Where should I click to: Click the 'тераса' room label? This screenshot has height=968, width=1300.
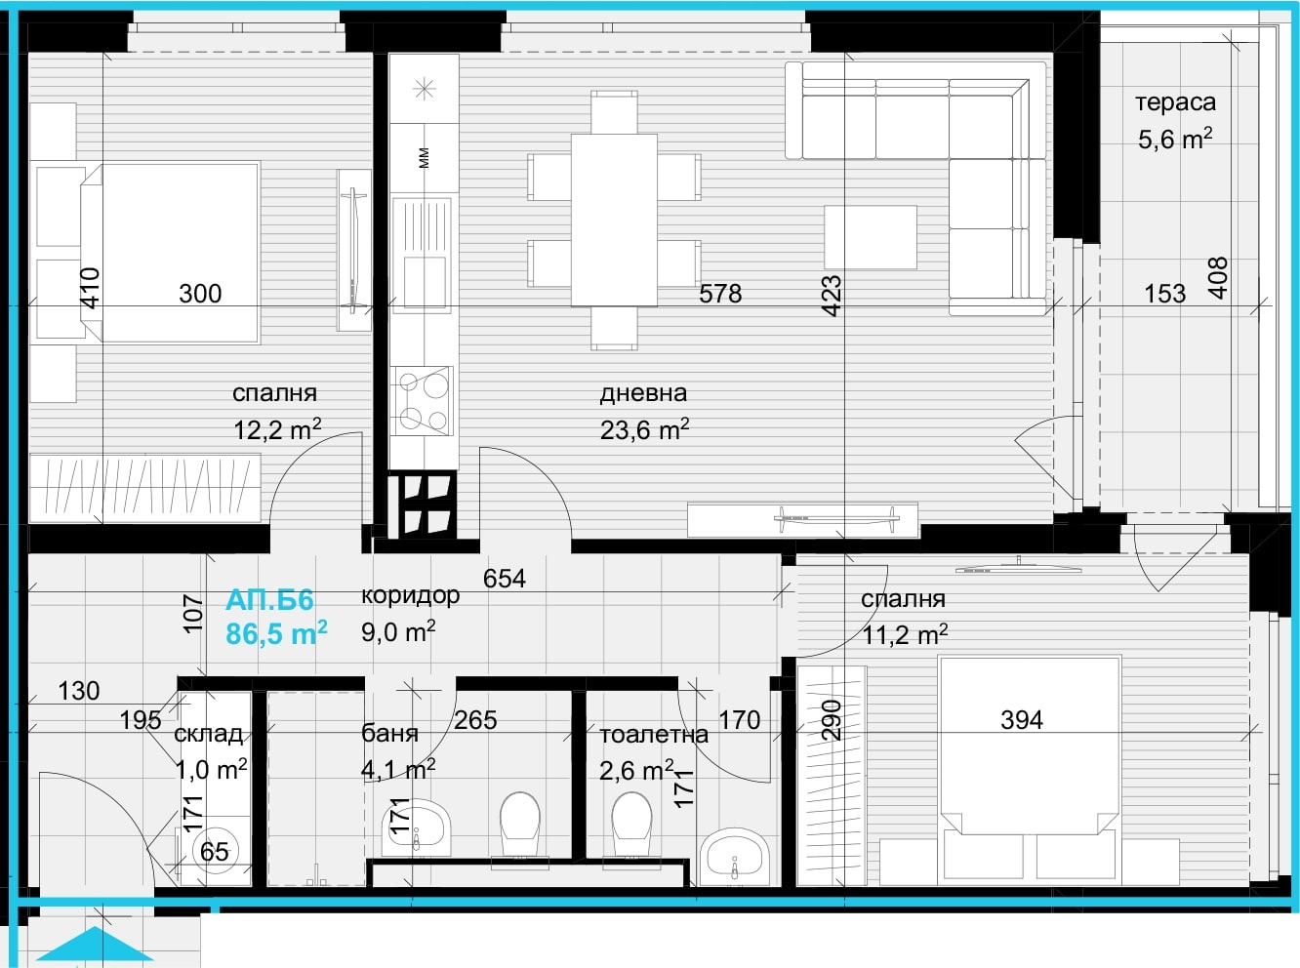pyautogui.click(x=1175, y=103)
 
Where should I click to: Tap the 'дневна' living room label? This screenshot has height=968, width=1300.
pyautogui.click(x=643, y=393)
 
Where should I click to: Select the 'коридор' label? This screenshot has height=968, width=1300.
pyautogui.click(x=410, y=596)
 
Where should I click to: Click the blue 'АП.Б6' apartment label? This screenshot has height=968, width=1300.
pyautogui.click(x=269, y=600)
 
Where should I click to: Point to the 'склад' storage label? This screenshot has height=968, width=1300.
pyautogui.click(x=208, y=734)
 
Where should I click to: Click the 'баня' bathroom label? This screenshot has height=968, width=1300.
pyautogui.click(x=389, y=734)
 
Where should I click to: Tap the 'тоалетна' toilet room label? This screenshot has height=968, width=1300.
pyautogui.click(x=654, y=734)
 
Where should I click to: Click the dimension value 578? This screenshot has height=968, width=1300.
pyautogui.click(x=719, y=294)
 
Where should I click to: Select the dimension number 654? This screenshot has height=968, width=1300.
pyautogui.click(x=504, y=579)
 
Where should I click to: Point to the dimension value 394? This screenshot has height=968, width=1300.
pyautogui.click(x=1022, y=720)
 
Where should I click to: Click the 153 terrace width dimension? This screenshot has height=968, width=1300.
pyautogui.click(x=1164, y=294)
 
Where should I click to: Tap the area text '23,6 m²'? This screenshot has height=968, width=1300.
pyautogui.click(x=644, y=430)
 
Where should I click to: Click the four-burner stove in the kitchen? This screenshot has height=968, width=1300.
pyautogui.click(x=424, y=401)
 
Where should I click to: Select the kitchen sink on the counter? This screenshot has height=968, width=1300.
pyautogui.click(x=423, y=255)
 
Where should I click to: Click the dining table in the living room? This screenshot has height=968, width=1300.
pyautogui.click(x=614, y=220)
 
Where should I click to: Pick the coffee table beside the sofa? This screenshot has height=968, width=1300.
pyautogui.click(x=871, y=237)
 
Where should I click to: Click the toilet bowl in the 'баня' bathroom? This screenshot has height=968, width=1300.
pyautogui.click(x=520, y=827)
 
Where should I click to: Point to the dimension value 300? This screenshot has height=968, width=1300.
pyautogui.click(x=200, y=294)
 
